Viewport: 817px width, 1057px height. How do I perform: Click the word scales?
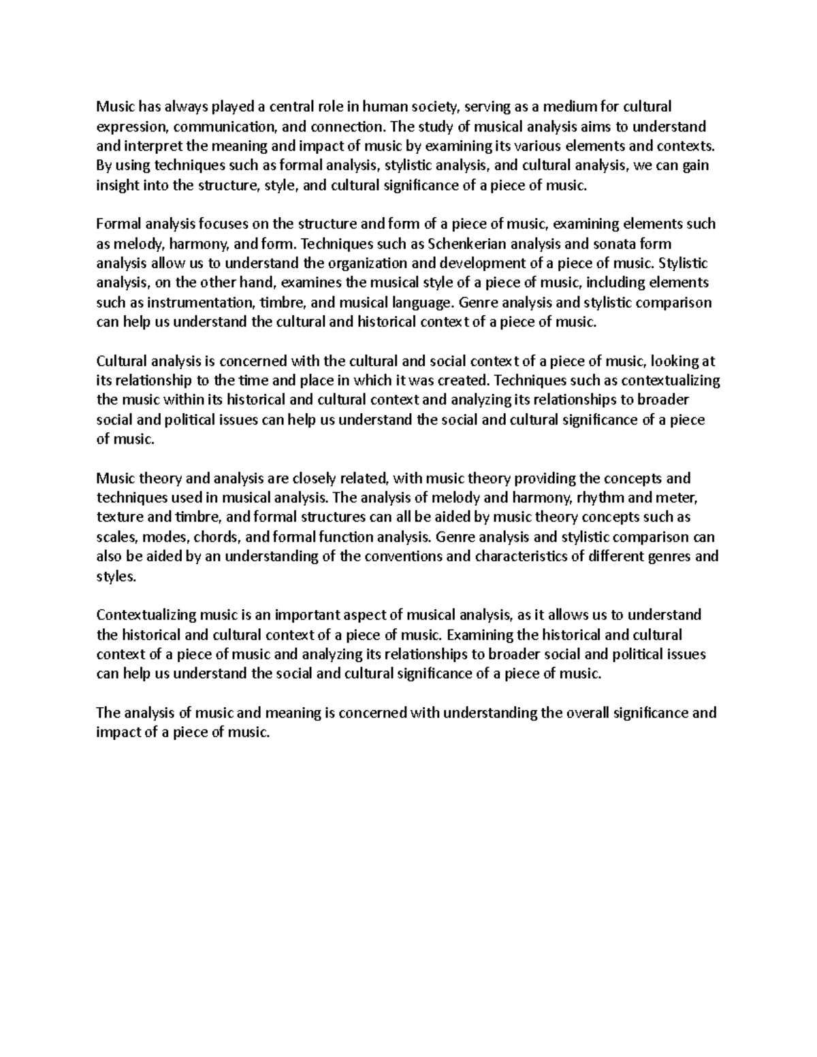coord(115,537)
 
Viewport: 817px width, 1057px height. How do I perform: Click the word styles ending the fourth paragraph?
coord(116,576)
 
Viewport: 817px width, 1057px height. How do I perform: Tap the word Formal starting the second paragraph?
coord(118,224)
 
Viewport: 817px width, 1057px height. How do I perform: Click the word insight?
coord(117,185)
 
